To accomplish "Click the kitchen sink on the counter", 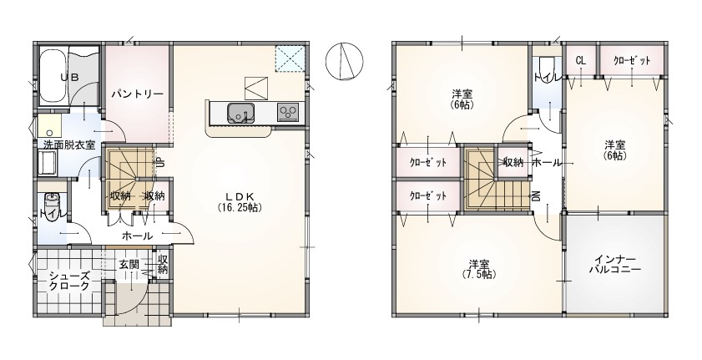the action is coord(241,113).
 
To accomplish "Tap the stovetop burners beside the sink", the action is coord(287,111).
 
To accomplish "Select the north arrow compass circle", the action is coord(344,61).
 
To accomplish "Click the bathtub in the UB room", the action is coord(53,76).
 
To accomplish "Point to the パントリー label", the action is coord(138,94).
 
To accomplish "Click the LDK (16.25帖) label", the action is coord(240,201).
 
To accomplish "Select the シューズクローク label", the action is coord(69,281).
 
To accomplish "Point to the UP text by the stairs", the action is coord(161,162).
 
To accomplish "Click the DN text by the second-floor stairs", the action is coord(535,195).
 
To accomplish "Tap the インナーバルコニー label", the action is coord(614,265).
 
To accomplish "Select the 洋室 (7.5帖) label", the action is coord(479,269).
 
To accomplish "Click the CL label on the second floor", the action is coord(581,61).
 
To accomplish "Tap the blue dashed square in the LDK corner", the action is coord(290,58).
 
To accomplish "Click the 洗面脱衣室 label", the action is coord(69,145).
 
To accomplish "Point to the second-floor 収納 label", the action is coord(513,162).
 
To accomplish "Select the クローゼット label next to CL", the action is coord(632,61).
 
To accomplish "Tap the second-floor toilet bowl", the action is coord(547,63).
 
